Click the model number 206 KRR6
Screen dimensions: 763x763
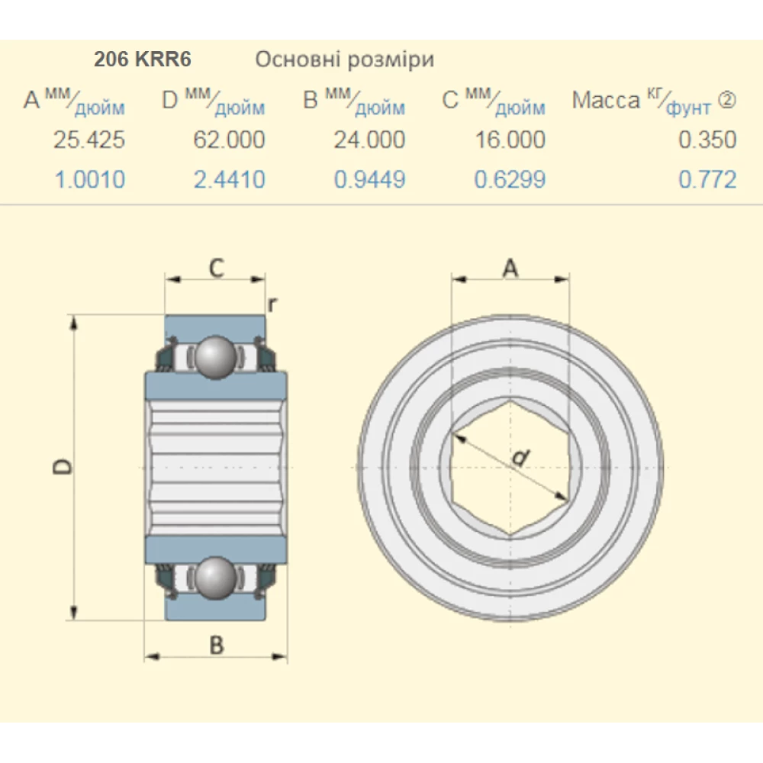pyautogui.click(x=142, y=60)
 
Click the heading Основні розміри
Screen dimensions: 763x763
pyautogui.click(x=344, y=60)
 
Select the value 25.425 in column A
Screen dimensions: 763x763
pyautogui.click(x=89, y=140)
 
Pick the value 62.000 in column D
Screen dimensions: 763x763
pyautogui.click(x=229, y=140)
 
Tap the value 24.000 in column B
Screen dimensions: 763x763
pyautogui.click(x=369, y=140)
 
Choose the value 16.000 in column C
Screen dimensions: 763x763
pyautogui.click(x=510, y=140)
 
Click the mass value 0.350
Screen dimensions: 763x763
pyautogui.click(x=707, y=140)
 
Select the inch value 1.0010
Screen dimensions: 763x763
pyautogui.click(x=89, y=180)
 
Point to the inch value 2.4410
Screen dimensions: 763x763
pyautogui.click(x=229, y=180)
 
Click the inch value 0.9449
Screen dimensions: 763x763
pyautogui.click(x=369, y=180)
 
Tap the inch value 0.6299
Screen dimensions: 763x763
pyautogui.click(x=510, y=180)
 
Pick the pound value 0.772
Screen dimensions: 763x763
pyautogui.click(x=707, y=180)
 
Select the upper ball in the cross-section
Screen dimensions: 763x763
pyautogui.click(x=215, y=356)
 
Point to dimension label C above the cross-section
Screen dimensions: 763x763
pyautogui.click(x=216, y=268)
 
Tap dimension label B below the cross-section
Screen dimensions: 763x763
pyautogui.click(x=217, y=645)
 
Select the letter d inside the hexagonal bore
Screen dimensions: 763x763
pyautogui.click(x=520, y=458)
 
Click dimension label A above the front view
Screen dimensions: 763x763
pyautogui.click(x=510, y=268)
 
